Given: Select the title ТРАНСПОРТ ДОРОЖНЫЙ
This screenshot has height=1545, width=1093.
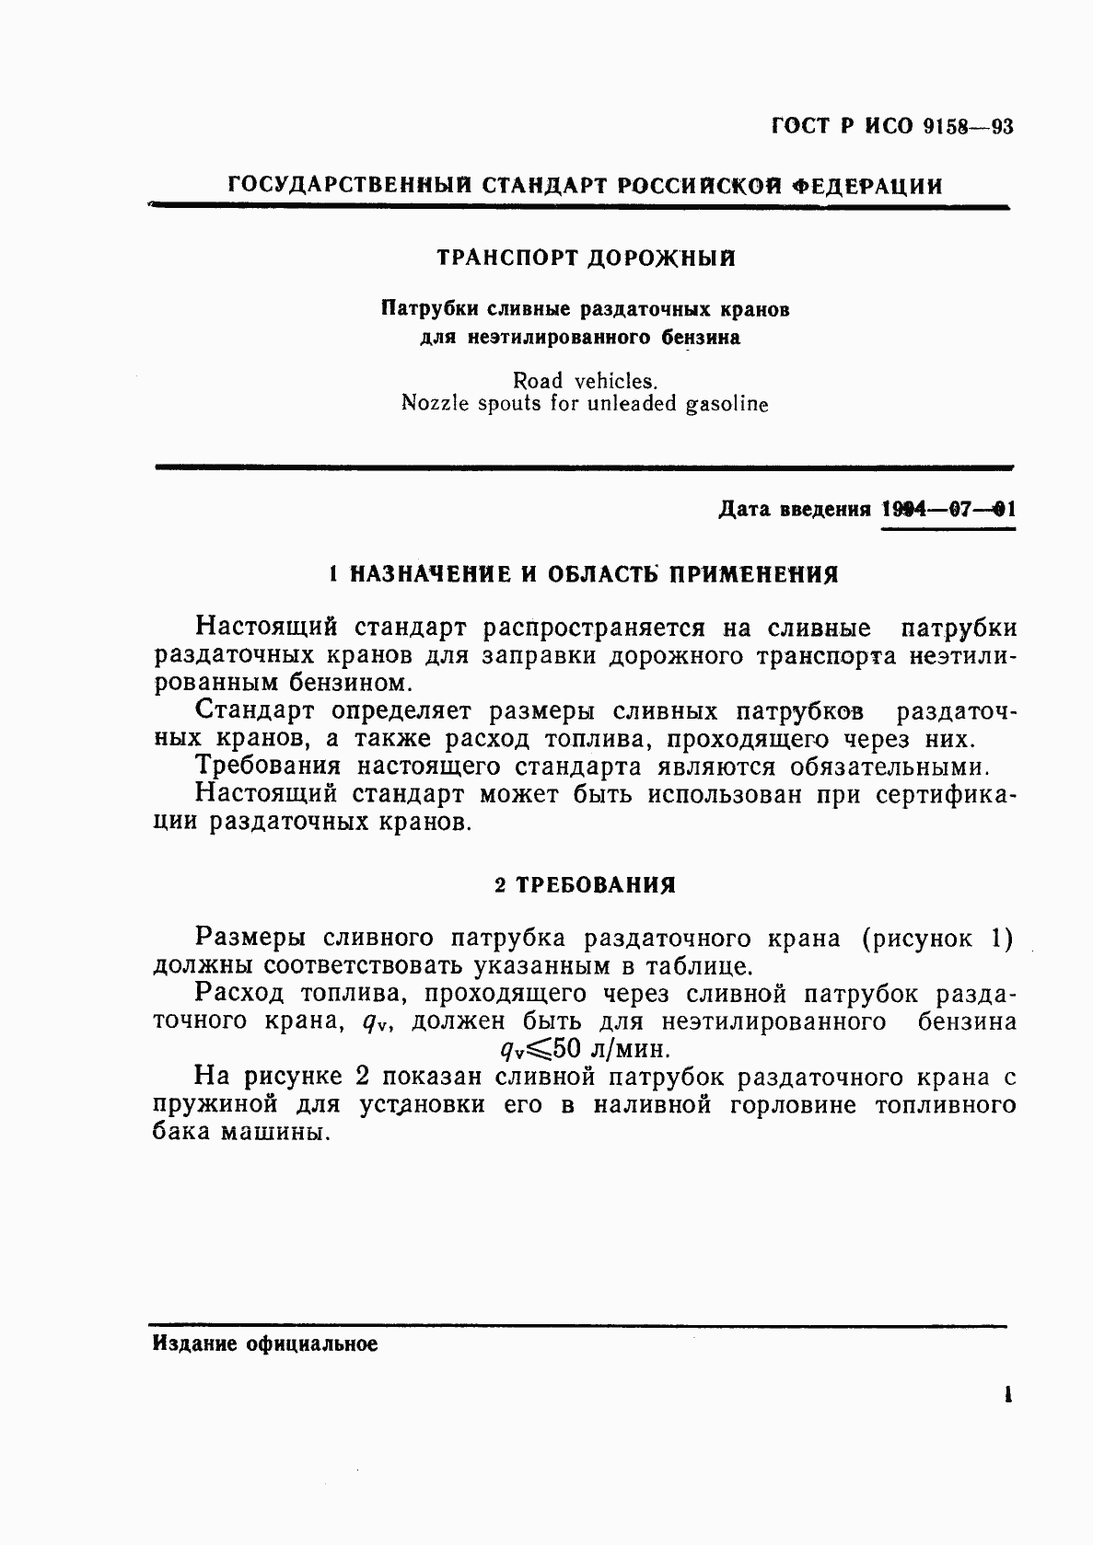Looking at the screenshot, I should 586,259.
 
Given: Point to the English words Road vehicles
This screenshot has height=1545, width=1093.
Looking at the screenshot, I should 585,380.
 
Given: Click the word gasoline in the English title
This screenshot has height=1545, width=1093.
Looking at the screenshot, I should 725,404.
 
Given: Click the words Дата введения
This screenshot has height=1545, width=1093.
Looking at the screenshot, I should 794,509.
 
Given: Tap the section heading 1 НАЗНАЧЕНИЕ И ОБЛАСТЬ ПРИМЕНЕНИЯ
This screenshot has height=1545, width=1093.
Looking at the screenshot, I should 584,575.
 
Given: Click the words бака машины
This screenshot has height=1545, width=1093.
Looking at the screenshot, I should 240,1133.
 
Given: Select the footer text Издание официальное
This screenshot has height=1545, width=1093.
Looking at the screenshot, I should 264,1344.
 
